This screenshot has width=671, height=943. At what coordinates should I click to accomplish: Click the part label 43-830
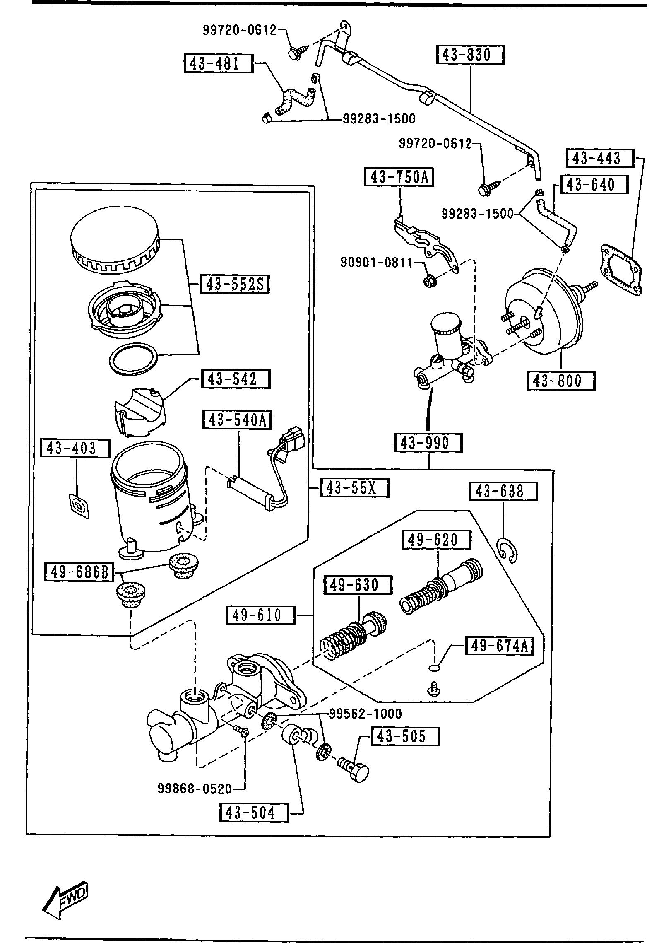(470, 55)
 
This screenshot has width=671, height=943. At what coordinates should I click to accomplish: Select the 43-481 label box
(218, 63)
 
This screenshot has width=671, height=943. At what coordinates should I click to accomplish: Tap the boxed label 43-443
(599, 158)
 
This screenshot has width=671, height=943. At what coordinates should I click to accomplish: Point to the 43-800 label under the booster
(560, 381)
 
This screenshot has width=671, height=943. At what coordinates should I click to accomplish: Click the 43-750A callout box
(399, 177)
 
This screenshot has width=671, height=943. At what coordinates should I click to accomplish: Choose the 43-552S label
(234, 285)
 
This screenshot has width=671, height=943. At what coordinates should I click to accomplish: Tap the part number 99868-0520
(195, 789)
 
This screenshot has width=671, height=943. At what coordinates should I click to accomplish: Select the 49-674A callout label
(499, 646)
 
